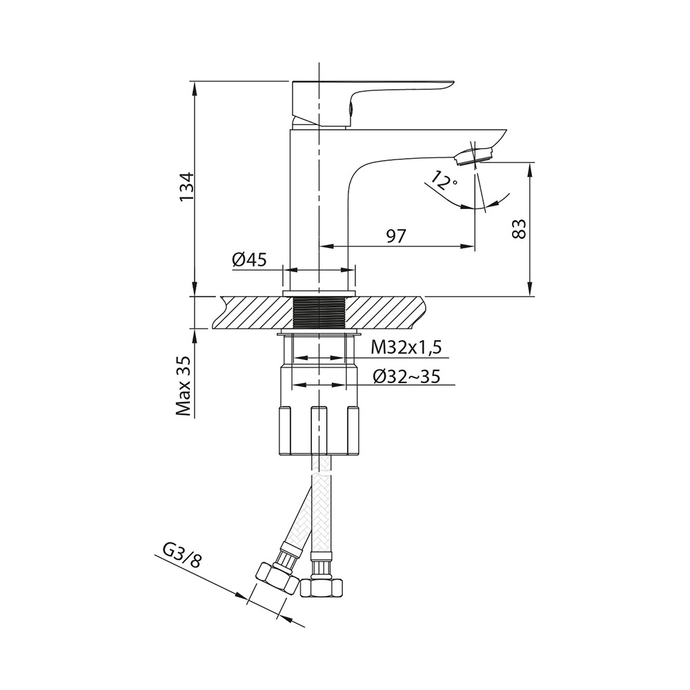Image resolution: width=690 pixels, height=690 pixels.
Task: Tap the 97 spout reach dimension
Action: tap(395, 236)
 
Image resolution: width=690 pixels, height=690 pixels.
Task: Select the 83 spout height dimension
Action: tap(520, 228)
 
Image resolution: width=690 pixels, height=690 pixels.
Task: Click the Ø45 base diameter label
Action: tap(250, 260)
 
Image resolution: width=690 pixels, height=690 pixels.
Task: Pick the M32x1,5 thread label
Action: tap(406, 348)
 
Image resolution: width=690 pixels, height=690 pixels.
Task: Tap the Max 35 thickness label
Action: tap(184, 386)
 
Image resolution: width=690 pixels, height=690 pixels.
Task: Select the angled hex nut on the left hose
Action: tap(277, 578)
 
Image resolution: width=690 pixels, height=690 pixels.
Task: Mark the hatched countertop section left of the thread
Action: tap(252, 313)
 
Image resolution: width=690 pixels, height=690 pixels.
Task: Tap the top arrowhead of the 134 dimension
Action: tap(194, 87)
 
